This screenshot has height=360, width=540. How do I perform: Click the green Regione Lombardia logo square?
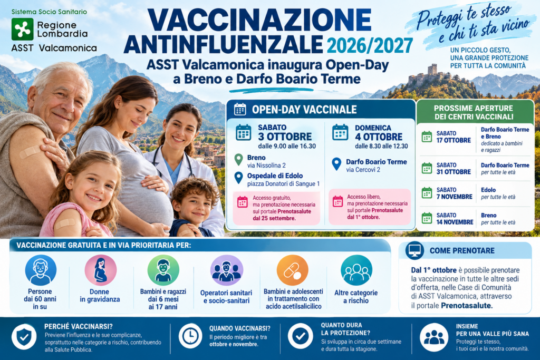pos(22,30)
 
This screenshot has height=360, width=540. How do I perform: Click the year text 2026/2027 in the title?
pos(370,46)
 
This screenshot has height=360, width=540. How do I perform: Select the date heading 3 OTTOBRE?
pos(285,137)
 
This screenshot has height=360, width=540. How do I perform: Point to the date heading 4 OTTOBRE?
pos(379,137)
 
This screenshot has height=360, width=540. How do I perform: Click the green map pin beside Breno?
pos(239,160)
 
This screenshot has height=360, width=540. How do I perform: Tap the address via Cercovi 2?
pos(363,170)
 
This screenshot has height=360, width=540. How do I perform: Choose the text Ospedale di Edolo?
pos(275,176)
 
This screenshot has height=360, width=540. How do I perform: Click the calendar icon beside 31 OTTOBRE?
pos(427,169)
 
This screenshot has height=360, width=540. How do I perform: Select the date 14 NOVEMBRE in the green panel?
pos(455,222)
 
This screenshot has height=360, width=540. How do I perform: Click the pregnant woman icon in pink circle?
pos(101,270)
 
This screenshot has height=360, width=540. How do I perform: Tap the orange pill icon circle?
pos(292,270)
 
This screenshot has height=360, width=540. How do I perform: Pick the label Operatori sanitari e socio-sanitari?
pos(226,297)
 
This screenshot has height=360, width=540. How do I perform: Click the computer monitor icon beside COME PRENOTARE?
pos(414,250)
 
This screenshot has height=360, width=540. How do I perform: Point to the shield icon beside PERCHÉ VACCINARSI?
pos(24,337)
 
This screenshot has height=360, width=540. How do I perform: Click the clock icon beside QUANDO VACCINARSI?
pos(190,336)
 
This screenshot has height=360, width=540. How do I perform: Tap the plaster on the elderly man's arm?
pos(30,152)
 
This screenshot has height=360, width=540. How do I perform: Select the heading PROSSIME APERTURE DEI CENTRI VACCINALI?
pos(474,113)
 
